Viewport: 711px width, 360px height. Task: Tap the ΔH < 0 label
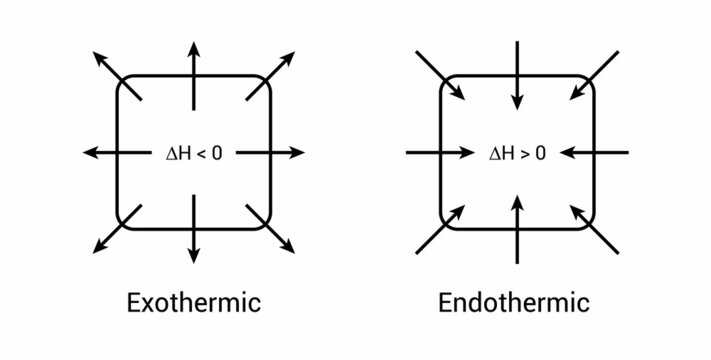point(194,153)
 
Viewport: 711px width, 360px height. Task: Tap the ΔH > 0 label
point(517,153)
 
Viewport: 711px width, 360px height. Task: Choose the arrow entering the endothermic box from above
point(516,75)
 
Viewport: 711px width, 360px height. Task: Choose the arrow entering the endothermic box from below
point(516,230)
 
